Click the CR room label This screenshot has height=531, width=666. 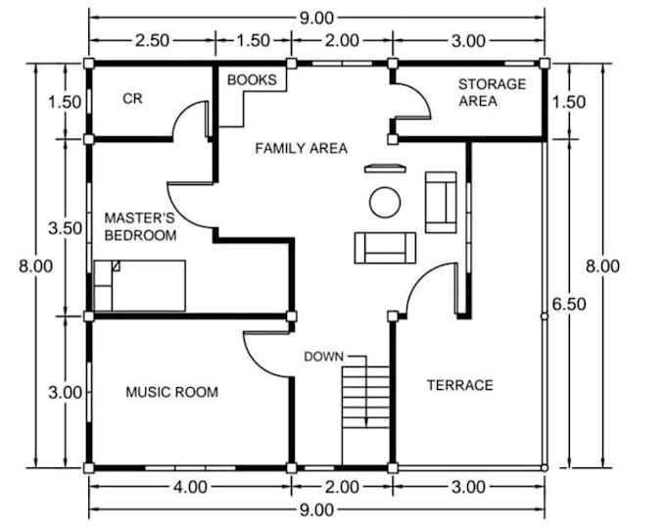tap(132, 99)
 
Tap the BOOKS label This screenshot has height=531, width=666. tap(252, 79)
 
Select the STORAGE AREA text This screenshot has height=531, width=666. tap(492, 93)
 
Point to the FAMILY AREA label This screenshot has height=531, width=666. tap(301, 148)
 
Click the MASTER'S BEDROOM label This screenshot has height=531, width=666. tap(140, 226)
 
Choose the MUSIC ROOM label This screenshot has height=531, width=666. tap(172, 392)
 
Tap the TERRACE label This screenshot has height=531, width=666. tap(460, 385)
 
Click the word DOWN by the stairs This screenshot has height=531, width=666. tap(323, 357)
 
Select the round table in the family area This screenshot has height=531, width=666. tap(385, 202)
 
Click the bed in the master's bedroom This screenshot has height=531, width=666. tap(139, 285)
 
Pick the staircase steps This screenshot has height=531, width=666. tap(365, 397)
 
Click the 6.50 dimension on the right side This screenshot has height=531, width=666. tap(569, 304)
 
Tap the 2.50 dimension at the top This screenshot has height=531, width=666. tap(152, 41)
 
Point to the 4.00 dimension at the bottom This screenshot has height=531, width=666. tap(190, 487)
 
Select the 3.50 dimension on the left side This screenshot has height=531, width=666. tap(65, 228)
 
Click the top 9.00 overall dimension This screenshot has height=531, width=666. tap(317, 19)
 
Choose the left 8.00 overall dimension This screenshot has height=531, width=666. tap(35, 266)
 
